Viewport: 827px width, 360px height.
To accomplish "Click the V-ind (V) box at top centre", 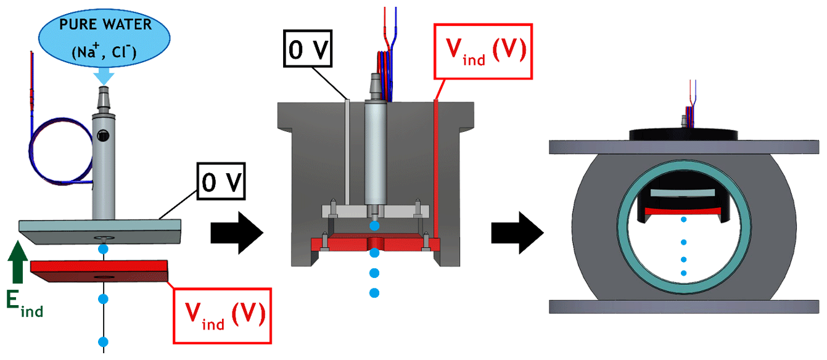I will [483, 52].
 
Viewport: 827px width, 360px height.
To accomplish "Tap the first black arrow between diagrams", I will [237, 233].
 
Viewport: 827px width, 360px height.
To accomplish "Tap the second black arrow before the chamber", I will [517, 233].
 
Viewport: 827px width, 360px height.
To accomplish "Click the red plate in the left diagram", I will [99, 271].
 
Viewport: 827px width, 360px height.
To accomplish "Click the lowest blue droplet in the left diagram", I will [103, 342].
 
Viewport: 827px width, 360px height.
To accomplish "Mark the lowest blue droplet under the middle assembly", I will [373, 292].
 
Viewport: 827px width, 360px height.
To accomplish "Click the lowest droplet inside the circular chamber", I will [683, 272].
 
